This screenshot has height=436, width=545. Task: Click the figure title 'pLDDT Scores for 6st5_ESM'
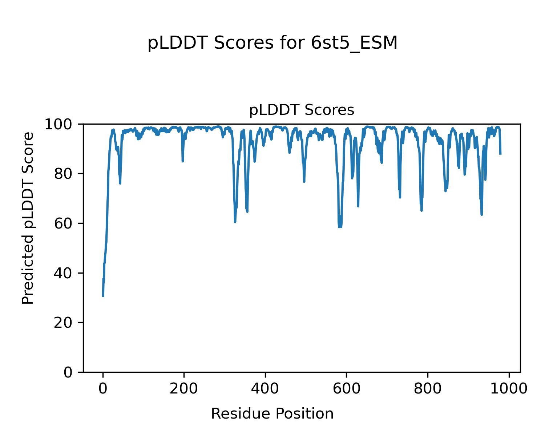(x=272, y=44)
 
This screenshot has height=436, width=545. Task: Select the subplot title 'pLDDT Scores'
(x=302, y=110)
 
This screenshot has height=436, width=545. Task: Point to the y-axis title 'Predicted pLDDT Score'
(x=28, y=218)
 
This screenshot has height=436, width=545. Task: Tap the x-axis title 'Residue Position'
(x=272, y=414)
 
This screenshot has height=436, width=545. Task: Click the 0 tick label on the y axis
(x=69, y=372)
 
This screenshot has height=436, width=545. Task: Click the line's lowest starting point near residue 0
(x=103, y=296)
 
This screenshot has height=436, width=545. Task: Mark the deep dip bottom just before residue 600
(x=339, y=227)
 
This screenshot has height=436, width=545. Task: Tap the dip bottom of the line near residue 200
(x=182, y=161)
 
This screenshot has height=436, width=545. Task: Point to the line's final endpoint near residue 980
(x=500, y=154)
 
